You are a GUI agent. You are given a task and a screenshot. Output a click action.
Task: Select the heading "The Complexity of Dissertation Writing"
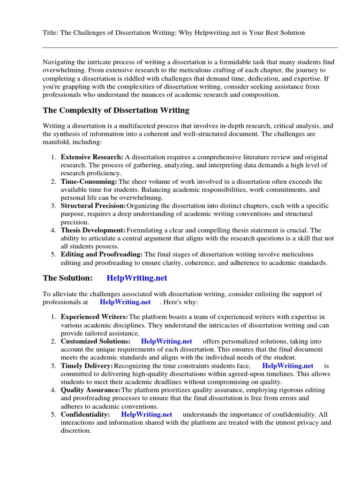pyautogui.click(x=116, y=111)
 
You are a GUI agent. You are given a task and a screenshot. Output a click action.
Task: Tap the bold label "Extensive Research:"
pyautogui.click(x=92, y=157)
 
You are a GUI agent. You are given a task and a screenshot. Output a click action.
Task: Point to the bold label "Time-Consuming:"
pyautogui.click(x=89, y=181)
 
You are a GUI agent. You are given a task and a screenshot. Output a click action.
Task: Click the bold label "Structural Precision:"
pyautogui.click(x=93, y=206)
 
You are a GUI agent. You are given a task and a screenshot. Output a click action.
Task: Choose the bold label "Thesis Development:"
pyautogui.click(x=93, y=230)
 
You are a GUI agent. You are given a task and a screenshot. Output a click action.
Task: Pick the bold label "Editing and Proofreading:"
pyautogui.click(x=102, y=255)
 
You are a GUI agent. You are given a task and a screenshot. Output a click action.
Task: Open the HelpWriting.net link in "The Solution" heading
pyautogui.click(x=137, y=278)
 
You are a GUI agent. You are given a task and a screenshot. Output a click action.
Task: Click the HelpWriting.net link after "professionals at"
pyautogui.click(x=125, y=302)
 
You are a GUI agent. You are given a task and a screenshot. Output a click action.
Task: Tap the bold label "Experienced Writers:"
pyautogui.click(x=94, y=317)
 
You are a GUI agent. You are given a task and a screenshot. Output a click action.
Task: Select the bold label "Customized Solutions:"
pyautogui.click(x=96, y=341)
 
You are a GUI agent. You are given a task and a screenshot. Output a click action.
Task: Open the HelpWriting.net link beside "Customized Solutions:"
pyautogui.click(x=166, y=341)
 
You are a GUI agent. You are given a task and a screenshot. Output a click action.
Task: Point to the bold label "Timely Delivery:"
pyautogui.click(x=87, y=366)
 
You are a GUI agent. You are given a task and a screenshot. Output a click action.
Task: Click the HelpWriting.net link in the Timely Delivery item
pyautogui.click(x=288, y=366)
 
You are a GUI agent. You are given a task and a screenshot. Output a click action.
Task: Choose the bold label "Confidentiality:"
pyautogui.click(x=85, y=414)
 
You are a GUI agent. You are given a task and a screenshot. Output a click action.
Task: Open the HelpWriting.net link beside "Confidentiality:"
pyautogui.click(x=147, y=414)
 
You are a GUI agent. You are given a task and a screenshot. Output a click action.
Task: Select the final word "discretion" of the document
pyautogui.click(x=75, y=430)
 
